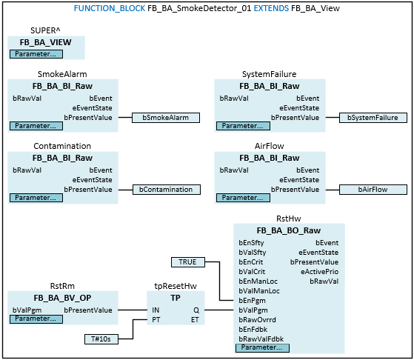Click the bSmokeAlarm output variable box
point(166,118)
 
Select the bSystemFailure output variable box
point(373,118)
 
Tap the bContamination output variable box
point(167,190)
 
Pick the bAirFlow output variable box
point(373,190)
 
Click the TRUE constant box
point(188,262)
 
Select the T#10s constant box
point(101,339)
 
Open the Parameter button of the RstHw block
point(262,347)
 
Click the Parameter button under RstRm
point(36,319)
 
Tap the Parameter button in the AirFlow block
point(243,198)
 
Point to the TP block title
point(176,298)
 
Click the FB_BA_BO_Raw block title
point(289,230)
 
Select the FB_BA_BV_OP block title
point(62,298)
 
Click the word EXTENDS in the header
point(271,8)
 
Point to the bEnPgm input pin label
point(252,301)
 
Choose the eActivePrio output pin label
point(319,272)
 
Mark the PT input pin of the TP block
point(156,320)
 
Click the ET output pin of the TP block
point(195,320)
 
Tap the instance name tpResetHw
point(176,286)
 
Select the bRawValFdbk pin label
point(261,339)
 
